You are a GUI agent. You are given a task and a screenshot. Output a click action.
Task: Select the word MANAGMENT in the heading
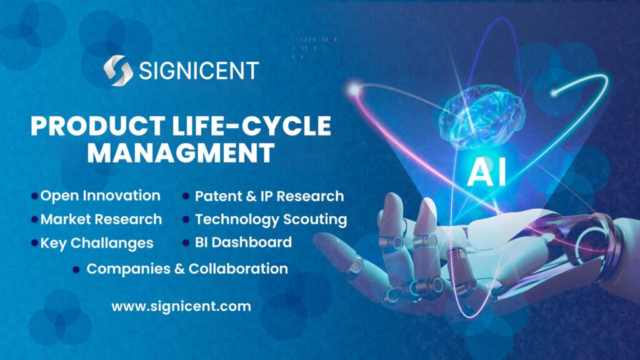(x=181, y=153)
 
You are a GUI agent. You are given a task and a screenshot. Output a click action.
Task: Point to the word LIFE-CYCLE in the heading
(x=254, y=126)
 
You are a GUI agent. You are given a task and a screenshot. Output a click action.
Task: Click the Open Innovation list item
(x=100, y=196)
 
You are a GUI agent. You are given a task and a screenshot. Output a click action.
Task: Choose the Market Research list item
(x=101, y=219)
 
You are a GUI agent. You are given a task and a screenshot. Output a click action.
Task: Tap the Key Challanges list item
(x=97, y=243)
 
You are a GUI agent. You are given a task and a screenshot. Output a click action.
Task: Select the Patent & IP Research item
(x=269, y=196)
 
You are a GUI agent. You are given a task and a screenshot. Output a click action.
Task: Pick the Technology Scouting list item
(x=271, y=219)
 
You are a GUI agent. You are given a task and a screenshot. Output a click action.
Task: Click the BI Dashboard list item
(x=243, y=242)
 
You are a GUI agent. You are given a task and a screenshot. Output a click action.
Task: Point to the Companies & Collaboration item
(x=187, y=269)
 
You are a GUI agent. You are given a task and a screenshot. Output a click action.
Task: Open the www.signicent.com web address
(x=181, y=307)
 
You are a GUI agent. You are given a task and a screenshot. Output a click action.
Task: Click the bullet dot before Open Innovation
(x=34, y=196)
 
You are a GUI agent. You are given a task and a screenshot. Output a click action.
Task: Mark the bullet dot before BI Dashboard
(x=186, y=243)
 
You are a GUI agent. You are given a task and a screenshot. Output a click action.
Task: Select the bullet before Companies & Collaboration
(x=76, y=269)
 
